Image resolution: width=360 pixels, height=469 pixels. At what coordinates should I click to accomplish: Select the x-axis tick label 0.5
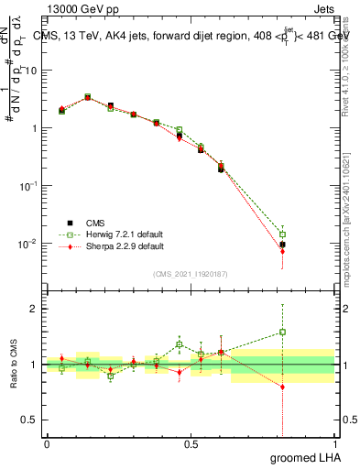191,443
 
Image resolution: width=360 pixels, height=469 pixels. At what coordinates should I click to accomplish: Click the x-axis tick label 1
334,443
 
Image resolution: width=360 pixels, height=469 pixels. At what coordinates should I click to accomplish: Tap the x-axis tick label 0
47,443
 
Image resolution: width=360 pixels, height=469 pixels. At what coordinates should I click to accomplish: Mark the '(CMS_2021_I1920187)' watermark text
190,274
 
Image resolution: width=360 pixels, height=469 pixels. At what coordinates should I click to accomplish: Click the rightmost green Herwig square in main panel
283,234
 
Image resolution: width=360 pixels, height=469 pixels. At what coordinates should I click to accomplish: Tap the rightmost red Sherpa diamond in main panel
283,251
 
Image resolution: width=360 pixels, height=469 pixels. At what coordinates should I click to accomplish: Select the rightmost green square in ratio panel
283,332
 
